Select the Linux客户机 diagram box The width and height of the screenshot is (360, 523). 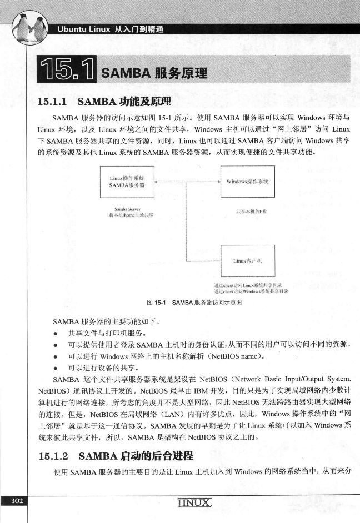coord(247,260)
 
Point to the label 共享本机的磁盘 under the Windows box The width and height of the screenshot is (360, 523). coord(247,212)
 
